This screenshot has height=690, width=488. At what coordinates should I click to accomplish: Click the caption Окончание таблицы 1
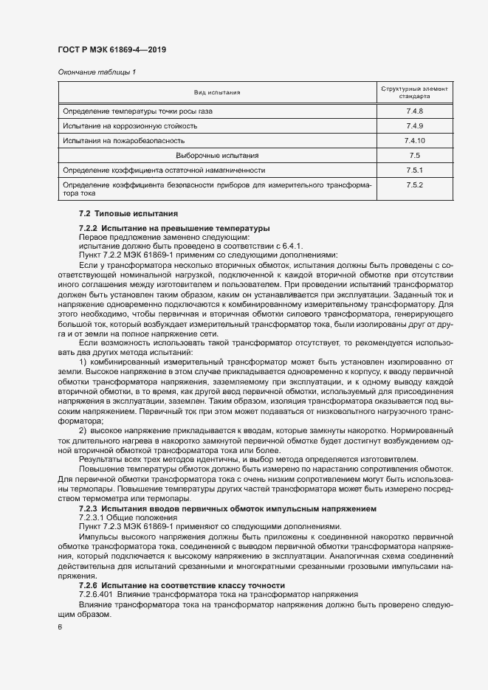click(96, 72)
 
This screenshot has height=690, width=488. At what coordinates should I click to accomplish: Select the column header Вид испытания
click(216, 92)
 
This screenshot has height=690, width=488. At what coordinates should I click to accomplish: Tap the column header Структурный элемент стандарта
click(414, 92)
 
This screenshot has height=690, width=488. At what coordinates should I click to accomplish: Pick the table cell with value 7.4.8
click(414, 111)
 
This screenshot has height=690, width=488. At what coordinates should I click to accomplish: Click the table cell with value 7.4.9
click(414, 125)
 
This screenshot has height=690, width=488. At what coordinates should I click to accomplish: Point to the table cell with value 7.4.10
click(414, 140)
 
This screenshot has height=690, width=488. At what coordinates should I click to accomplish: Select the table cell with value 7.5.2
click(414, 184)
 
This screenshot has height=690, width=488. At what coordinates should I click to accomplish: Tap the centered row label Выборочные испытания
click(216, 156)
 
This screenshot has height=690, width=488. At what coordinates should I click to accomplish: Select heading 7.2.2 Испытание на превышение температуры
click(174, 229)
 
